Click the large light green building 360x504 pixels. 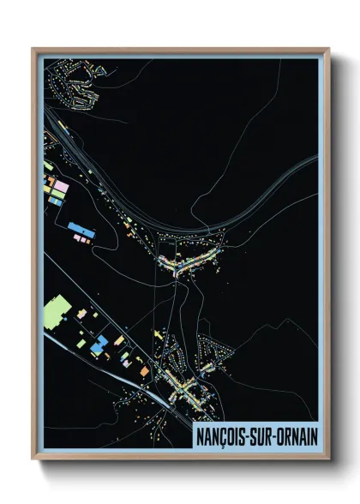pos(57,308)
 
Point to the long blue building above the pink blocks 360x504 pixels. pos(81,230)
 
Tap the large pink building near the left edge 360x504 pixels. pos(59,185)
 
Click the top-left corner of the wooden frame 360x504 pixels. pos(33,49)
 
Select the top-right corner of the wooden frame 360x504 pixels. pos(328,49)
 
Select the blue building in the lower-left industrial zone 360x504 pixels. pos(99,342)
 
